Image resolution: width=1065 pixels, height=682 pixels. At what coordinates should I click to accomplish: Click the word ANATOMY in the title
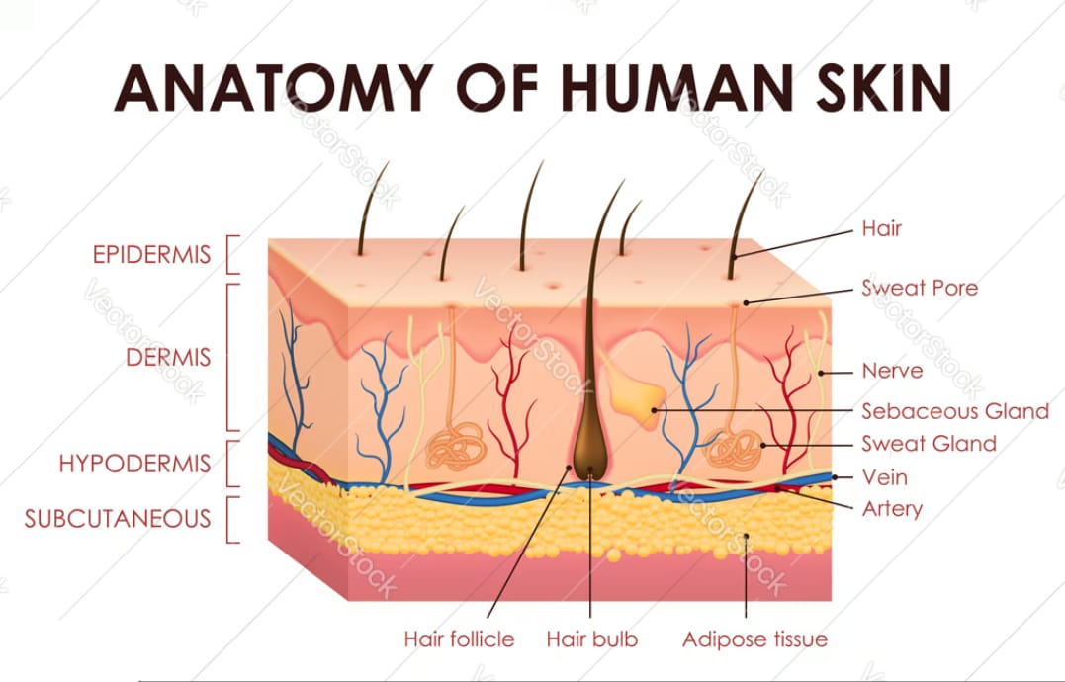274,88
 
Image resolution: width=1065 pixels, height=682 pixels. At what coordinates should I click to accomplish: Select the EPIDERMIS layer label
151,254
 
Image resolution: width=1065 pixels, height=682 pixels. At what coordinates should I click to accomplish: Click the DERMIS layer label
168,357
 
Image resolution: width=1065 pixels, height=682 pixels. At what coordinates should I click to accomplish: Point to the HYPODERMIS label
134,464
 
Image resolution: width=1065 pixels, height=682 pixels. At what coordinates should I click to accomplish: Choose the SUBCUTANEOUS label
118,519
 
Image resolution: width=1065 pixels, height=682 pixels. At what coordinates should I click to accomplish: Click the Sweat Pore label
920,288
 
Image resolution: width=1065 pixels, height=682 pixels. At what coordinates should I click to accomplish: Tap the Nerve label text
892,371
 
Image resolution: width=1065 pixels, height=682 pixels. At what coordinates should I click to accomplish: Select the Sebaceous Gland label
955,411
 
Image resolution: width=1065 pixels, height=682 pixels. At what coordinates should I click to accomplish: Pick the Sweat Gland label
929,444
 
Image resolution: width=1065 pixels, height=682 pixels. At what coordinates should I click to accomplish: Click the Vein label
884,477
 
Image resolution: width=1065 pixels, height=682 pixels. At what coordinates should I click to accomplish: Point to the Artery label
892,509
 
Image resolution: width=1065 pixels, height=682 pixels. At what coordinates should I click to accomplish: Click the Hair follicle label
459,639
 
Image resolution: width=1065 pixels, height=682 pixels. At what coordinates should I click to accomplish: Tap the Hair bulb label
592,639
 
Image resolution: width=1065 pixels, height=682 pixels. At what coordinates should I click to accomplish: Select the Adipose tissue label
754,639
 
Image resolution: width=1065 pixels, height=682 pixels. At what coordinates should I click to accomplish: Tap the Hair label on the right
882,228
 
